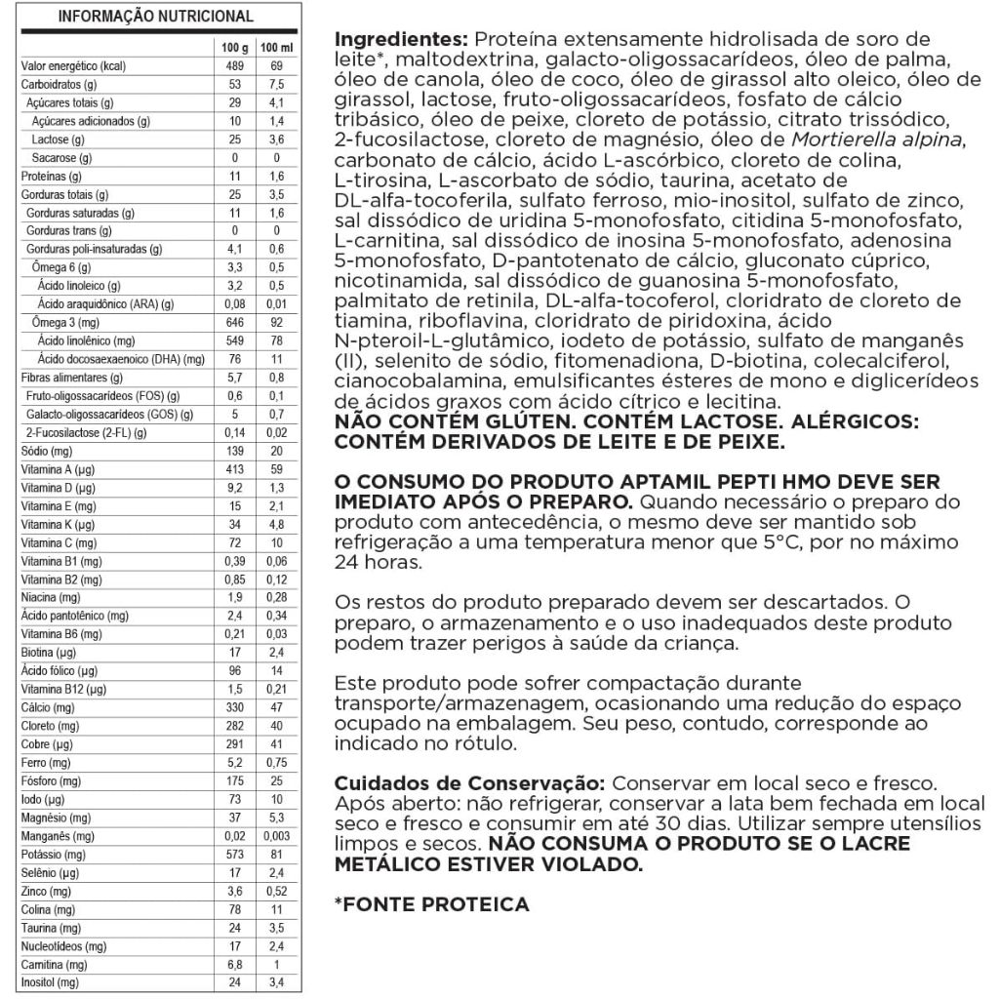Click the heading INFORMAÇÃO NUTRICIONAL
156,17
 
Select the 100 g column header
234,47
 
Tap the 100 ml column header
276,47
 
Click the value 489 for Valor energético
234,65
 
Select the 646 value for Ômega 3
234,322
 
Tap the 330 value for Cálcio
234,706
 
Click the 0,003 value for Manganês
276,835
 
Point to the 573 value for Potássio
234,855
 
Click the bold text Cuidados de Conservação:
470,783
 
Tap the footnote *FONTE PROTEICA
432,903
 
